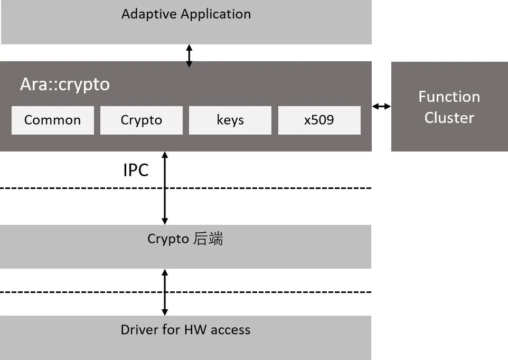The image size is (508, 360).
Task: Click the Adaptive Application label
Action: [x=186, y=14]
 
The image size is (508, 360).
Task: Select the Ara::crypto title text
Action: [x=65, y=84]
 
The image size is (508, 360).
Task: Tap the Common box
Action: [x=53, y=120]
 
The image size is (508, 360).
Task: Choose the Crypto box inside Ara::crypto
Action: [x=142, y=120]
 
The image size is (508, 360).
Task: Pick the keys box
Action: [x=230, y=120]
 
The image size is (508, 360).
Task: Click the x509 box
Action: [x=319, y=120]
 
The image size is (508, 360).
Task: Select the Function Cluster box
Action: [x=449, y=107]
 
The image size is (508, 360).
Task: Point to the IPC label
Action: [x=136, y=170]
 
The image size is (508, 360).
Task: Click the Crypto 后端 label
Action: [x=185, y=239]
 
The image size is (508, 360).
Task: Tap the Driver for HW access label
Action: [x=185, y=330]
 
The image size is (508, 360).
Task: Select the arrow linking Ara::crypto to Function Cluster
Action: [x=381, y=107]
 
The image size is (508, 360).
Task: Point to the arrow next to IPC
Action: [x=165, y=188]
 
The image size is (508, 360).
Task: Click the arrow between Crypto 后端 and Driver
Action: [x=165, y=292]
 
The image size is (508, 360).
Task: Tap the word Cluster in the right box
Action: [x=449, y=117]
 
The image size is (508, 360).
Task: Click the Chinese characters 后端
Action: [x=208, y=239]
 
